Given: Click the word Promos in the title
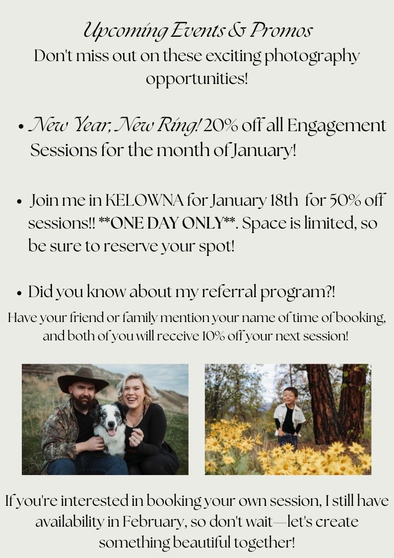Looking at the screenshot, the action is coord(281,30).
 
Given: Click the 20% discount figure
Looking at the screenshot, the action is coord(220,126).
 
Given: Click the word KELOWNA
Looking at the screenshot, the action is coord(144,201).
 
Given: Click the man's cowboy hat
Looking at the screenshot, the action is coord(83,380).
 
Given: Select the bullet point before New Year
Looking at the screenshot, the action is coord(21,127).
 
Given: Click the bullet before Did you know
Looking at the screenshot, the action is coord(19,293).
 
